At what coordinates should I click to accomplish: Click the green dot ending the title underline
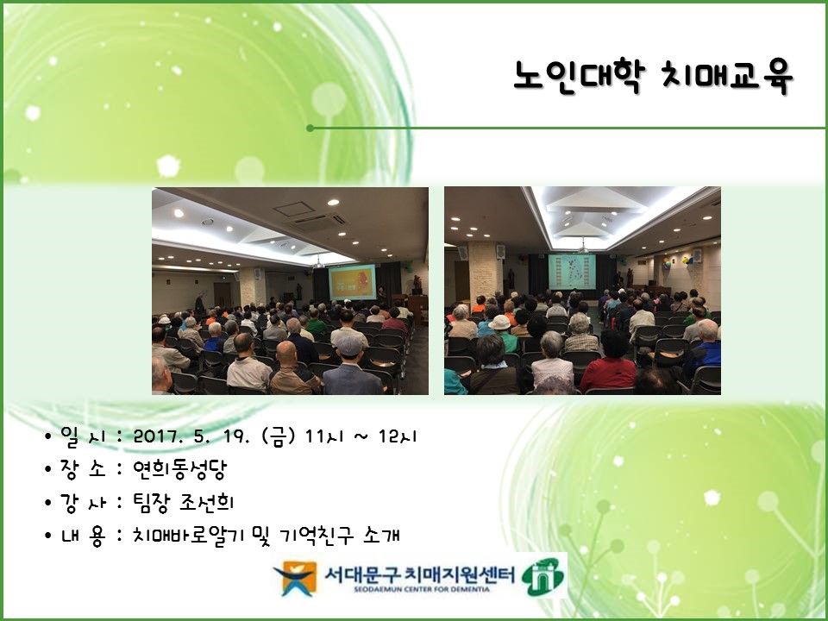pyautogui.click(x=310, y=128)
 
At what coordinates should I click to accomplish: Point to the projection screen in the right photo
pyautogui.click(x=572, y=273)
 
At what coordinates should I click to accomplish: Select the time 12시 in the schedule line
pyautogui.click(x=399, y=436)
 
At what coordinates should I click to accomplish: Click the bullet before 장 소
pyautogui.click(x=49, y=470)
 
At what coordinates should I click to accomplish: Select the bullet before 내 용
pyautogui.click(x=49, y=536)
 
